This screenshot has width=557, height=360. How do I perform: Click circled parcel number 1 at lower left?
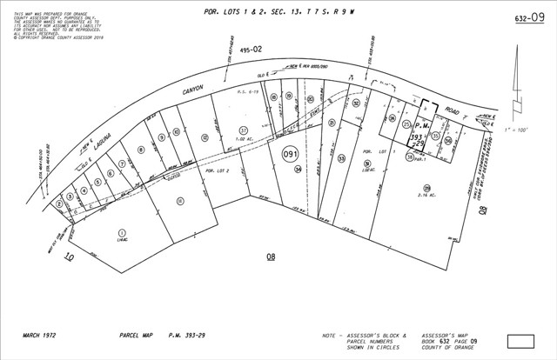pyautogui.click(x=122, y=232)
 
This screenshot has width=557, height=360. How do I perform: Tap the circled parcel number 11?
pyautogui.click(x=179, y=201)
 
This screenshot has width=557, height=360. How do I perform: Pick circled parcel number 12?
pyautogui.click(x=204, y=137)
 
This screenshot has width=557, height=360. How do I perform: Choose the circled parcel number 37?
pyautogui.click(x=243, y=130)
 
